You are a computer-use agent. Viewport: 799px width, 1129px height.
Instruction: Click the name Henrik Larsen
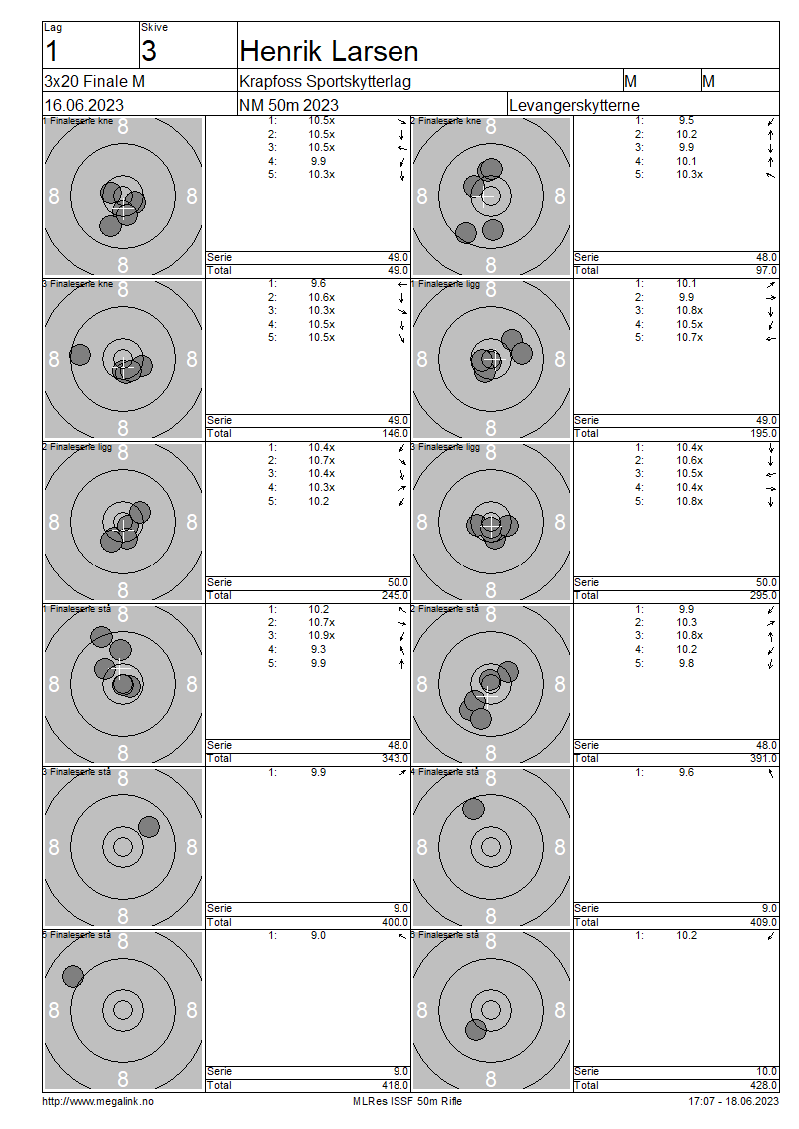tap(329, 51)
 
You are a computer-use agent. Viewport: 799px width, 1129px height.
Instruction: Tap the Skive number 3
tap(148, 51)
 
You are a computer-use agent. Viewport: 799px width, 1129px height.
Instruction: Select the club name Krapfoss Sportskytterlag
tap(325, 81)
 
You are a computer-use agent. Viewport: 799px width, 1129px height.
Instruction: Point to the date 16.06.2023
tap(84, 105)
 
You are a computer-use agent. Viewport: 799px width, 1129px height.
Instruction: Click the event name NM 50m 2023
tap(288, 105)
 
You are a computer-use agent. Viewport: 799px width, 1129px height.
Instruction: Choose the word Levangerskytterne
tap(574, 105)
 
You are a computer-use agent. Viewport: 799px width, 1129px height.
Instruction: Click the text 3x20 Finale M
tap(94, 81)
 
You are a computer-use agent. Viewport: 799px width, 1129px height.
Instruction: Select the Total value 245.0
tap(396, 595)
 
